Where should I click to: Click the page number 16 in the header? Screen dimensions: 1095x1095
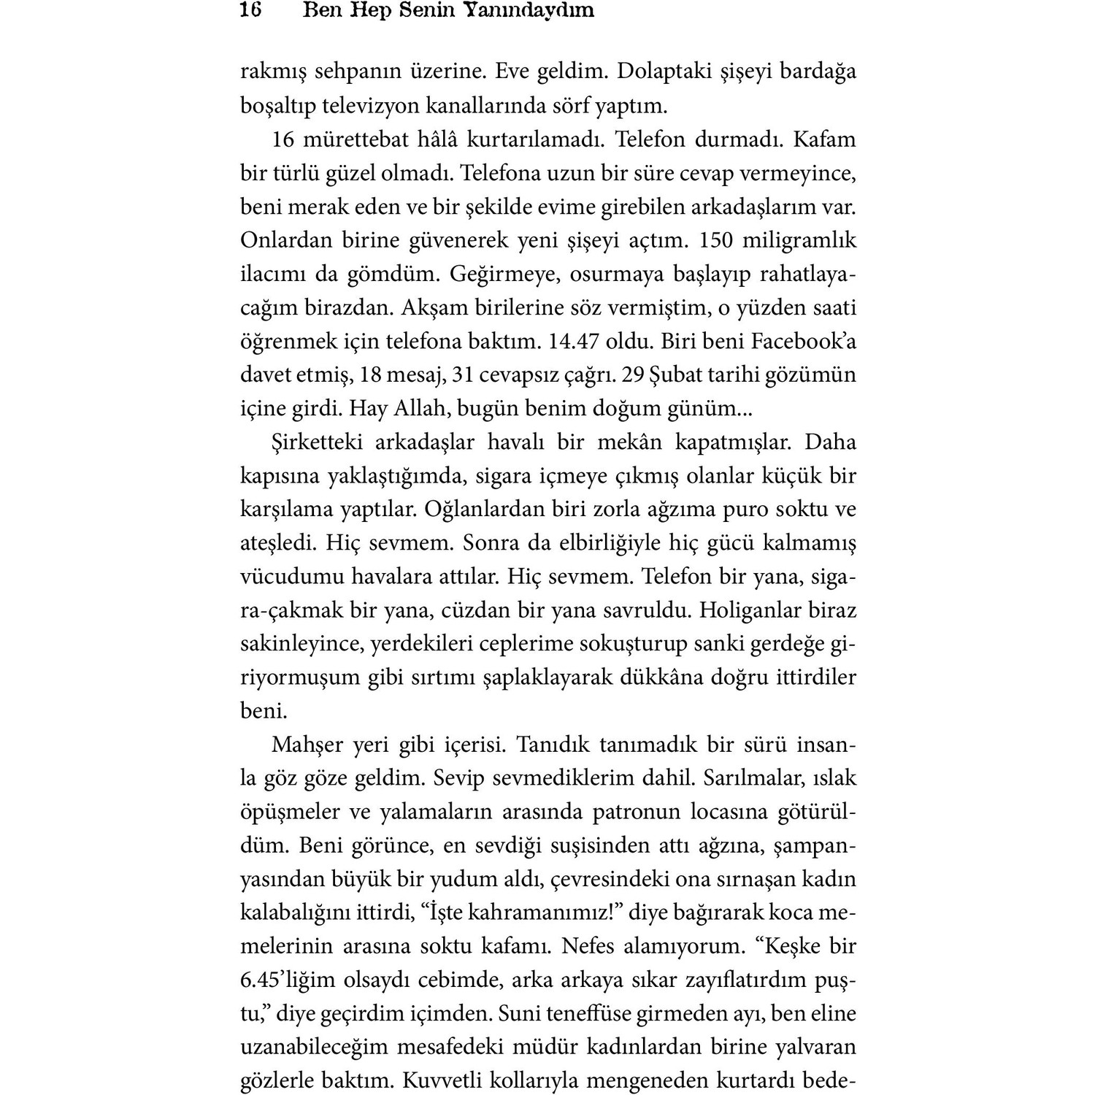tap(250, 10)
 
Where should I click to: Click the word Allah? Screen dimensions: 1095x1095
tap(418, 408)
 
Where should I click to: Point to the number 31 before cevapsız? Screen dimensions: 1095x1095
tap(464, 374)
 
